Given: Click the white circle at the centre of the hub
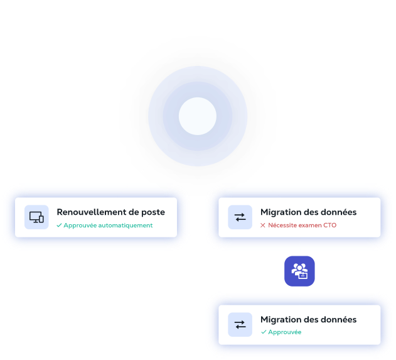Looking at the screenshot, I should [x=198, y=116].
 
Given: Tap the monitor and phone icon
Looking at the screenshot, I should [x=36, y=217].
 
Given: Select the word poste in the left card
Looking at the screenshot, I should [x=153, y=212].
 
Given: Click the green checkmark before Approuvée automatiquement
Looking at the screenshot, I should [x=59, y=225].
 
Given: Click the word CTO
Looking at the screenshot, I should [x=329, y=225].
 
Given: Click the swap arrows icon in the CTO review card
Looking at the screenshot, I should [x=240, y=217].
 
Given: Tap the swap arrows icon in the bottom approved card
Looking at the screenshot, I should [x=240, y=325].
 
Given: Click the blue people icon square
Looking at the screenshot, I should [x=299, y=271].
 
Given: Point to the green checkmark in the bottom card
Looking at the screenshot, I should [x=264, y=332].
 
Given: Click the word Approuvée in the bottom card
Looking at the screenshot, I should [x=285, y=332].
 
